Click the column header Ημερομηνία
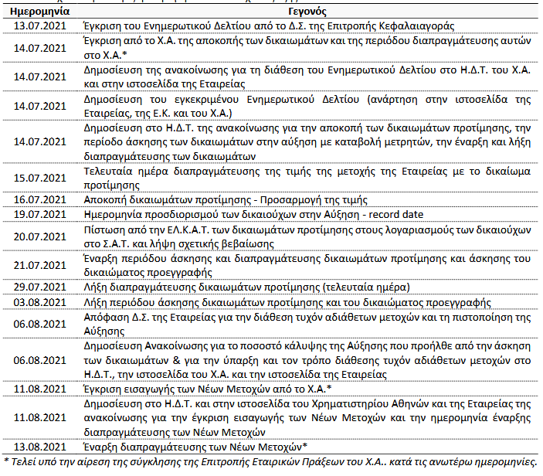pos(40,13)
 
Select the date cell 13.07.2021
pos(40,26)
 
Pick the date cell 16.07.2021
pos(40,199)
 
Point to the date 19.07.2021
pos(40,212)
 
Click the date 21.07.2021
pos(40,262)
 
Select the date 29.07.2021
pos(40,287)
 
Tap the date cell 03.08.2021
pos(40,301)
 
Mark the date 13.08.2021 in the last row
pos(40,446)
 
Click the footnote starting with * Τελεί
pos(270,461)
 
